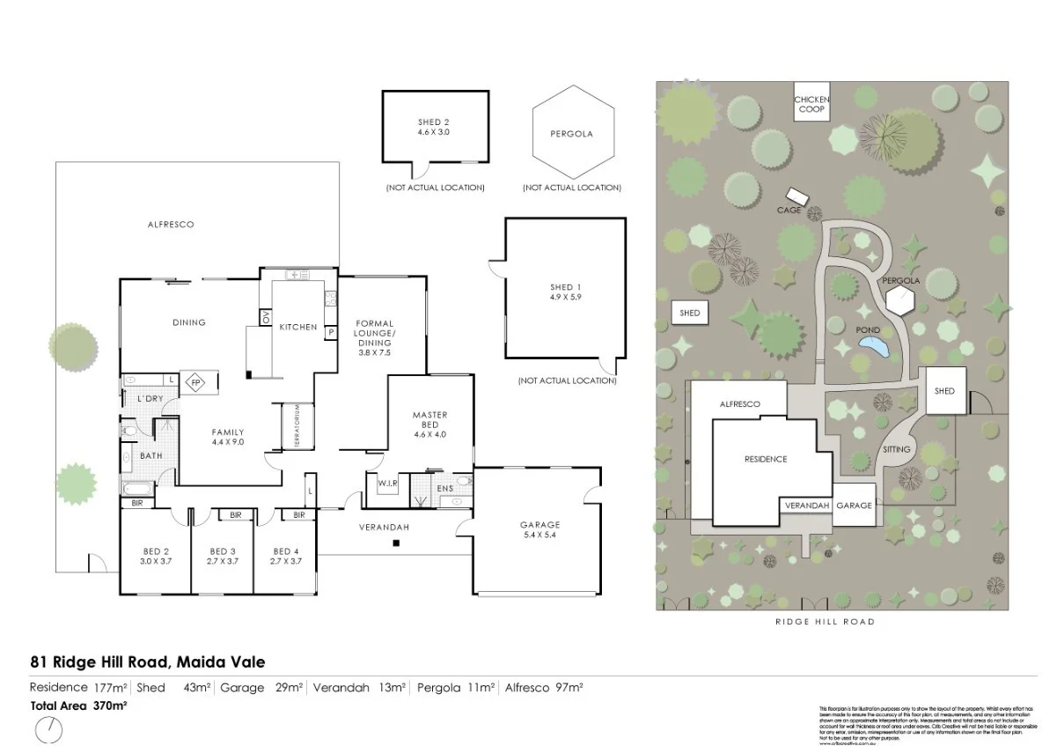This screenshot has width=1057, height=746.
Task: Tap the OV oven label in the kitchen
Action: (x=264, y=317)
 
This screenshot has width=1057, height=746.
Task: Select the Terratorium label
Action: (x=297, y=427)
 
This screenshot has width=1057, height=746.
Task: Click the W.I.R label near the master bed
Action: (x=388, y=483)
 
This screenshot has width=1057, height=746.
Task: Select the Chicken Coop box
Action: (x=811, y=105)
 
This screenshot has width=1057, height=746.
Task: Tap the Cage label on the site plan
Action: (x=788, y=211)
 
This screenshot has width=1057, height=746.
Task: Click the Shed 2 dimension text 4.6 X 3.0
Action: (x=433, y=131)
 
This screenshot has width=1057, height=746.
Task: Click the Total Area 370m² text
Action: (x=79, y=705)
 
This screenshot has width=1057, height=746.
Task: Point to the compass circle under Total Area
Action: (x=50, y=730)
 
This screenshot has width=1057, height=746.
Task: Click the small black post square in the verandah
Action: (x=396, y=543)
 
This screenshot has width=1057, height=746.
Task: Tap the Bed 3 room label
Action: (x=223, y=550)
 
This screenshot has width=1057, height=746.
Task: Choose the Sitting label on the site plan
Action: (x=897, y=449)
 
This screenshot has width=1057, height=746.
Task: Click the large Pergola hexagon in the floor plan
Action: (x=571, y=135)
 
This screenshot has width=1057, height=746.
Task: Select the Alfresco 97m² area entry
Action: (x=545, y=687)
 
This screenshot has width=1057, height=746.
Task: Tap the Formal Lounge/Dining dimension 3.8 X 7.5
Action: (x=374, y=352)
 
